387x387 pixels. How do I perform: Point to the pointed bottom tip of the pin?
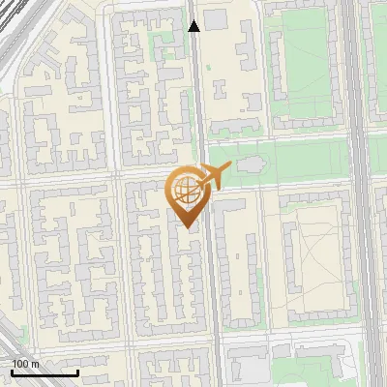[187, 227]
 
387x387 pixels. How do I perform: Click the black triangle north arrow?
[193, 25]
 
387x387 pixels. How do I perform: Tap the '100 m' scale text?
[25, 364]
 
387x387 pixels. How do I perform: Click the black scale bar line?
[45, 372]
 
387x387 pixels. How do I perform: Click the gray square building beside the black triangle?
[215, 19]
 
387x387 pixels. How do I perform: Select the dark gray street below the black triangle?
[196, 97]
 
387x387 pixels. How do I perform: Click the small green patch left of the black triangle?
[160, 44]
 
